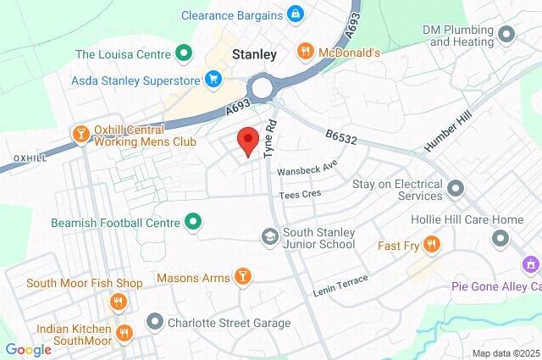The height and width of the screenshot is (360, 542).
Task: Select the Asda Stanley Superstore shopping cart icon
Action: coord(213,81)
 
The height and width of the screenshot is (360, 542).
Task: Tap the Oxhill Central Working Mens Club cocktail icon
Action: coord(80,135)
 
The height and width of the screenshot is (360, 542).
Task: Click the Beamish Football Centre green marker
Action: coord(193,223)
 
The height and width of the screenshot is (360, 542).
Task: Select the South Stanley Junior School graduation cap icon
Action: coord(270,236)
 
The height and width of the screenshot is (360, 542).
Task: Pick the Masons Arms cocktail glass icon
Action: coord(242,277)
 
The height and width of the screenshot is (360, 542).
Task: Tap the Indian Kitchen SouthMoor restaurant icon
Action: coord(124,330)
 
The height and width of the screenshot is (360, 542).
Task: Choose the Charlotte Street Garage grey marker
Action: coord(154,323)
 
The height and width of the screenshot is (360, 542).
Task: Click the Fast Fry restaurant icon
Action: coord(432,245)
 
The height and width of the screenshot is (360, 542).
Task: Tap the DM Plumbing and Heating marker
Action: coord(506,35)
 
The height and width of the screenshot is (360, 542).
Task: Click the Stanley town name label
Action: coord(254,54)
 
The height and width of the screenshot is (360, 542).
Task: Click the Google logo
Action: coord(27,350)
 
